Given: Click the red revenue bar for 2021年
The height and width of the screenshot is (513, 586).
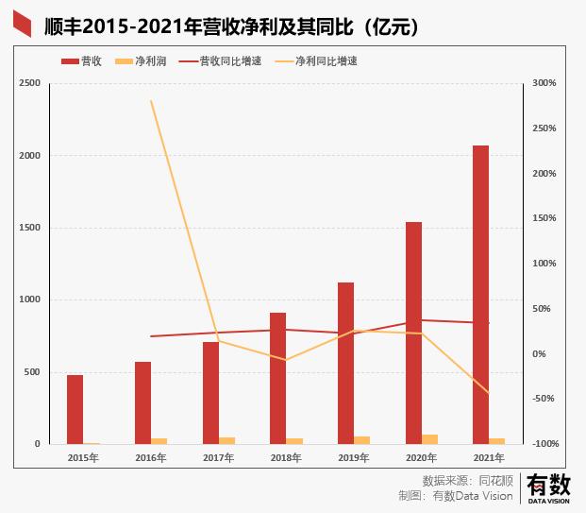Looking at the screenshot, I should click(x=481, y=294).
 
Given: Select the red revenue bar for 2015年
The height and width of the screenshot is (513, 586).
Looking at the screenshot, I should click(x=75, y=409).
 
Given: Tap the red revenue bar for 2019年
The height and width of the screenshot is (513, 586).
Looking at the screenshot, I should click(x=345, y=363).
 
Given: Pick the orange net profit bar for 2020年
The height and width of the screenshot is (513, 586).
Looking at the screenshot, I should click(x=430, y=439).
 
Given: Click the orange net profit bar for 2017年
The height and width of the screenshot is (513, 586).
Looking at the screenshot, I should click(x=227, y=440).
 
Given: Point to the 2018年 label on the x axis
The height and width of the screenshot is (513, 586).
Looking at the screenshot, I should click(x=286, y=458).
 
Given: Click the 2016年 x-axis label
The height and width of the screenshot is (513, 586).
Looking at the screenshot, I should click(x=150, y=458).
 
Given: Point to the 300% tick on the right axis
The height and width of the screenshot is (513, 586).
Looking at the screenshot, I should click(x=545, y=83).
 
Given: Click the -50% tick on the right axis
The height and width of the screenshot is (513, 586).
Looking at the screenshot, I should click(x=545, y=399).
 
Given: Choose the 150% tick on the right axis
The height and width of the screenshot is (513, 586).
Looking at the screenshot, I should click(x=545, y=218).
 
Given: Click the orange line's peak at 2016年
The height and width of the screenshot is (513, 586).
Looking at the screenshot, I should click(x=151, y=101).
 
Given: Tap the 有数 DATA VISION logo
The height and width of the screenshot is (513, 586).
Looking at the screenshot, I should click(x=548, y=488).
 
